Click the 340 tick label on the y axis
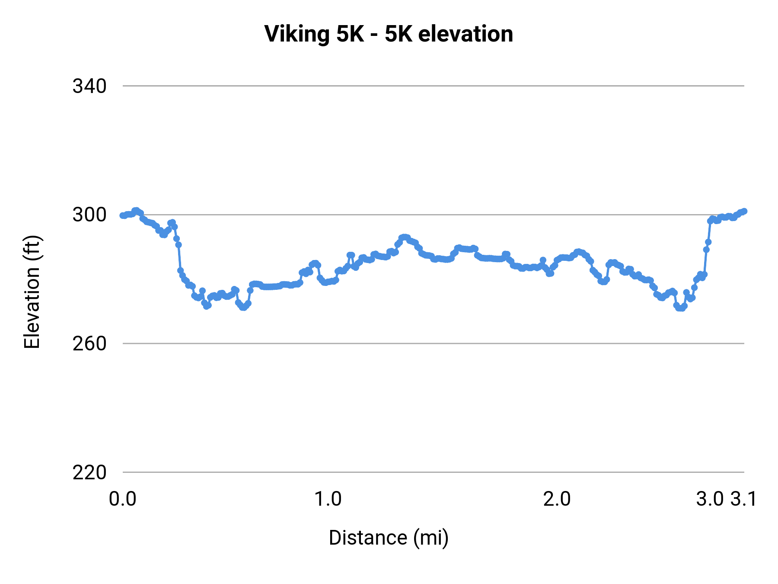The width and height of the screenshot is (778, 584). click(x=89, y=87)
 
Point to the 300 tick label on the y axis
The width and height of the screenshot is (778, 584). click(x=89, y=215)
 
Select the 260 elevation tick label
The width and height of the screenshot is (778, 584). click(x=89, y=344)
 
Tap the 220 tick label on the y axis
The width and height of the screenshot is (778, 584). click(x=89, y=473)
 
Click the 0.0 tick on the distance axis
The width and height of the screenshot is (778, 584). click(x=123, y=499)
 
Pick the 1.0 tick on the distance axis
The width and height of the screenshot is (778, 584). click(x=328, y=499)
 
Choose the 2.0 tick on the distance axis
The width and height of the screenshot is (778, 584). click(x=557, y=499)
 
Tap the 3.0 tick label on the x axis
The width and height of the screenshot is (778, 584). click(x=710, y=499)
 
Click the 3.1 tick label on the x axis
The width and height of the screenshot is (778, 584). click(x=743, y=499)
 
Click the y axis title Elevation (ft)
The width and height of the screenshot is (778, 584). click(x=32, y=292)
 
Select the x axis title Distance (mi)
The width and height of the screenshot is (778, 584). click(x=389, y=538)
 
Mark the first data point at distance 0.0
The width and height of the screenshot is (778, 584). click(x=123, y=215)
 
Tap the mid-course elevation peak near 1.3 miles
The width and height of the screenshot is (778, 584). click(x=404, y=237)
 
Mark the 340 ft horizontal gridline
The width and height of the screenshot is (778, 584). click(x=432, y=86)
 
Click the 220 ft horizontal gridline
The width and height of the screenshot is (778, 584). click(x=432, y=472)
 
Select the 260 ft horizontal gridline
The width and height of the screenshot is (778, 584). click(x=432, y=343)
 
